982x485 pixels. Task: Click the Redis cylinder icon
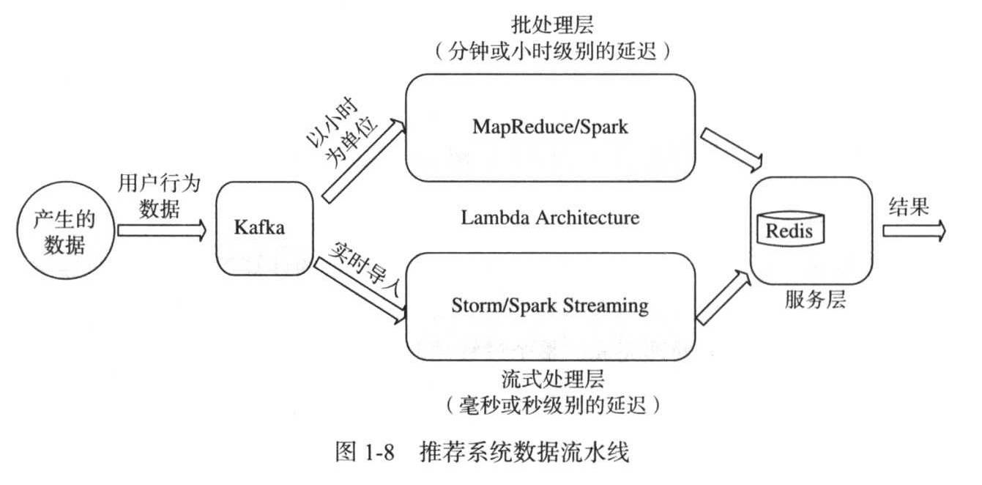pos(790,229)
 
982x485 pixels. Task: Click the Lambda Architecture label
pos(550,218)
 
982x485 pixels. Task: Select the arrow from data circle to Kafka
pos(162,230)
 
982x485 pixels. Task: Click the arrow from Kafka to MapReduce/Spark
pos(364,161)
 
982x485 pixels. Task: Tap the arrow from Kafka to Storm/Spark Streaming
pos(360,291)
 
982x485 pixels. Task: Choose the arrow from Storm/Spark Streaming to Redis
pos(724,297)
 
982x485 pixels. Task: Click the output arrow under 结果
pos(914,231)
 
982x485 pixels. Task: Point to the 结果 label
pos(909,206)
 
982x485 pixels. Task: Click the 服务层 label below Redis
pos(815,300)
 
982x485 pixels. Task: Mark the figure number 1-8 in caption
pos(379,452)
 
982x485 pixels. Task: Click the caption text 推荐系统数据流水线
pos(524,452)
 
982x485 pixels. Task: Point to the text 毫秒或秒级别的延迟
pos(552,406)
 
